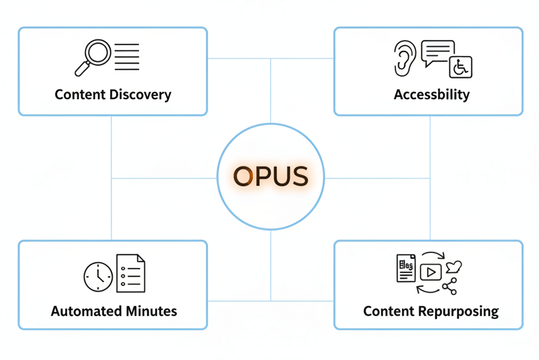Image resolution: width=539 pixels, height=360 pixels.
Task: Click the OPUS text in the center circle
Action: point(270,176)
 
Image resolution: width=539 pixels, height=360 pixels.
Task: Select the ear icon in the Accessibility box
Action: point(404,59)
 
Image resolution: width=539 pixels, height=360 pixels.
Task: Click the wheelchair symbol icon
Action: point(461,67)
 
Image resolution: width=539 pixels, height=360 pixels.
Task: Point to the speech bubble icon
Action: point(438,53)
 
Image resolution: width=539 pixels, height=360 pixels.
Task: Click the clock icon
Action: point(98,276)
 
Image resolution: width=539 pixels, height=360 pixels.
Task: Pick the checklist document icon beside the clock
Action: point(130,273)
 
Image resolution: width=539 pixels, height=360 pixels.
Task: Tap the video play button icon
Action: point(430,272)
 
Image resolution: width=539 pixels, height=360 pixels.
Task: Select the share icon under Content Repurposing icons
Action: point(449,286)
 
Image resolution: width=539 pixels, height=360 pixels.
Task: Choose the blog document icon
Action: point(406,268)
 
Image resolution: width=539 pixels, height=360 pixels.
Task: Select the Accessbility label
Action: point(431,95)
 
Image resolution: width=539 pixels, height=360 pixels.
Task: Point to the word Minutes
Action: point(149,311)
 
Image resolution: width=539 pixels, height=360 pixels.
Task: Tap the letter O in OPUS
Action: point(244,176)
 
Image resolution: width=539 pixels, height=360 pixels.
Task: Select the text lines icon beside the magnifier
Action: point(127,56)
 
